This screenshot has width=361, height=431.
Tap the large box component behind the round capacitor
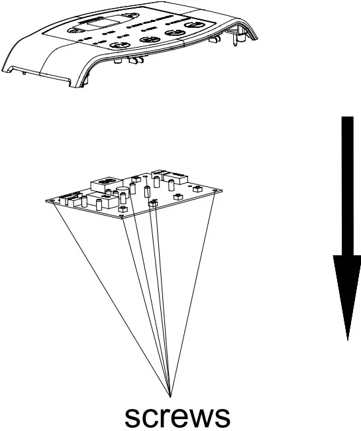coord(105,182)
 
